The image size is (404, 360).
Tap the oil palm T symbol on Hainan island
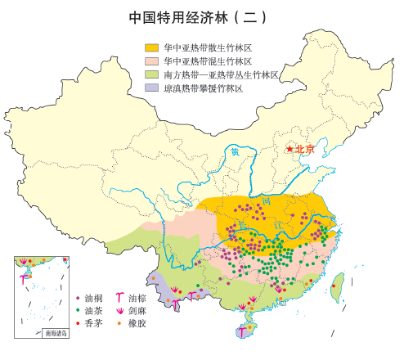click(x=241, y=332)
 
